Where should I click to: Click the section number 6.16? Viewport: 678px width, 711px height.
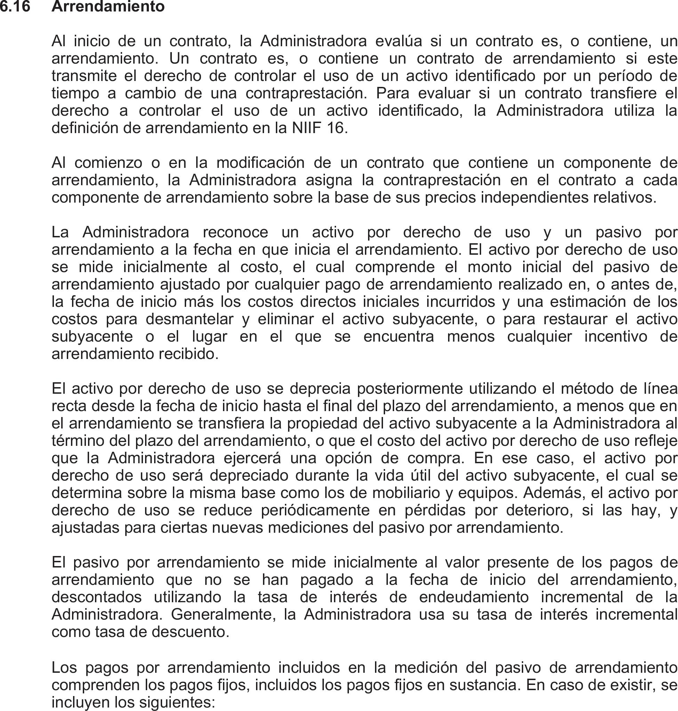15,7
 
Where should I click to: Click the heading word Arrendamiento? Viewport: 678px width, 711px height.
108,7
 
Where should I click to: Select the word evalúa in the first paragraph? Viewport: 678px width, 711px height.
398,41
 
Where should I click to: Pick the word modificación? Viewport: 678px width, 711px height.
260,163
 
